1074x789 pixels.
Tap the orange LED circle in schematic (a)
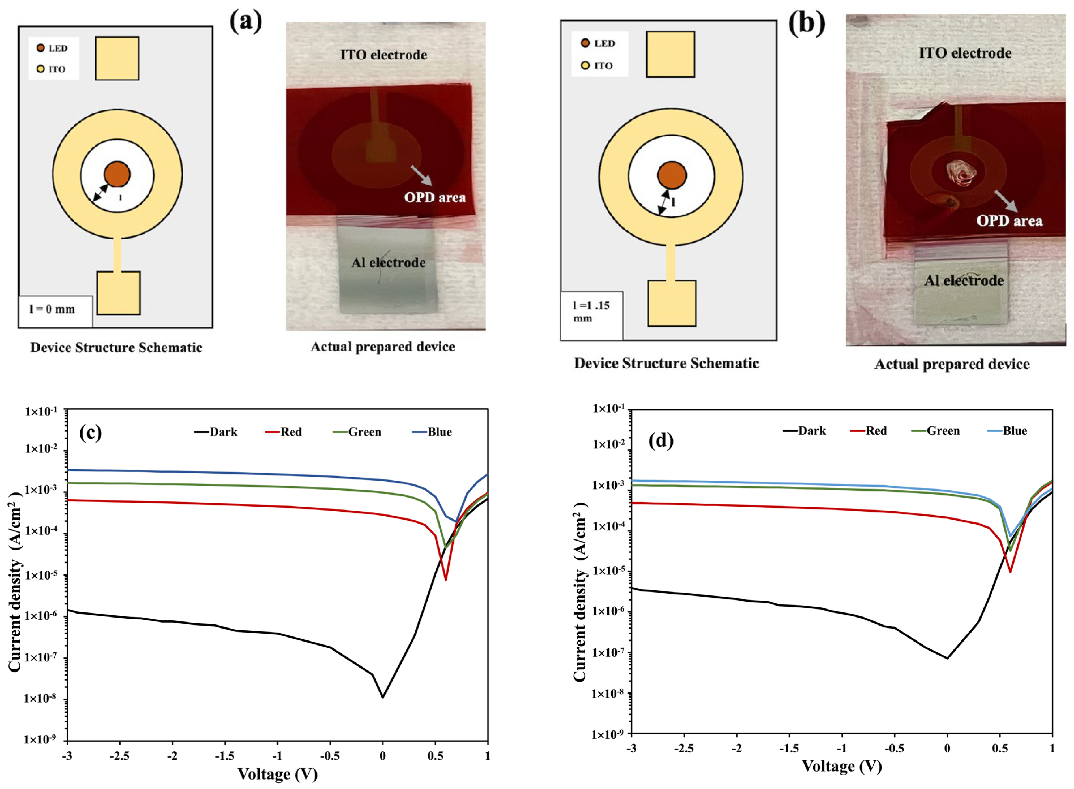click(117, 174)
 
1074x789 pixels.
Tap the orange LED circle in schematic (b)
click(672, 175)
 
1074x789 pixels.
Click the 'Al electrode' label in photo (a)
click(388, 263)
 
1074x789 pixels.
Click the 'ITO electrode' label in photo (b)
click(965, 53)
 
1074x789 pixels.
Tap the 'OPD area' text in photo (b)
click(1009, 221)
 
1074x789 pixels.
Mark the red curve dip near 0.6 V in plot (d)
click(1010, 571)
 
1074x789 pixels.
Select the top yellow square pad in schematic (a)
click(117, 58)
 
